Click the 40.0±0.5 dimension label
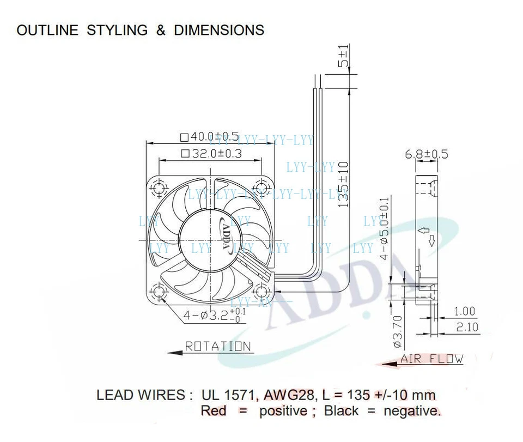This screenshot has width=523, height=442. pyautogui.click(x=209, y=136)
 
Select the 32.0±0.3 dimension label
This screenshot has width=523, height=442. pyautogui.click(x=210, y=154)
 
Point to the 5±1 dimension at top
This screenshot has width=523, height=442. pyautogui.click(x=343, y=57)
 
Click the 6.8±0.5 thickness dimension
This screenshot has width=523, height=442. pyautogui.click(x=427, y=154)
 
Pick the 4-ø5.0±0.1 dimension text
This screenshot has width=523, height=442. pyautogui.click(x=386, y=228)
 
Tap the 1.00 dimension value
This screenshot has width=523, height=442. pyautogui.click(x=465, y=311)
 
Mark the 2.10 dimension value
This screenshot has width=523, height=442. pyautogui.click(x=465, y=326)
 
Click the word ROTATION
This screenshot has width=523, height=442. pyautogui.click(x=218, y=347)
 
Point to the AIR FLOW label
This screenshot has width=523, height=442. pyautogui.click(x=431, y=359)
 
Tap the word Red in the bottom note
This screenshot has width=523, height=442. pyautogui.click(x=214, y=410)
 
